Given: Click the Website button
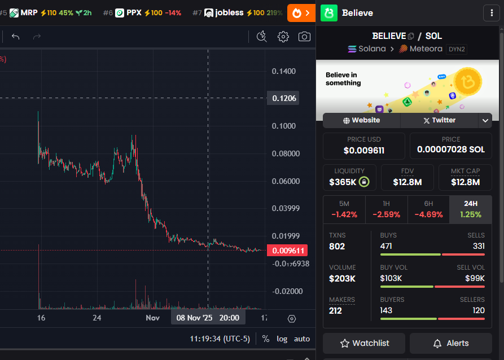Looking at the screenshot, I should [x=361, y=120].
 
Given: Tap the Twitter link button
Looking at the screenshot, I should [x=439, y=120].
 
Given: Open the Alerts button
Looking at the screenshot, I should [x=450, y=343].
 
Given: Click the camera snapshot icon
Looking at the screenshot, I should [x=304, y=37].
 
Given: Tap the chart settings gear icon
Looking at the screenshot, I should [x=283, y=37].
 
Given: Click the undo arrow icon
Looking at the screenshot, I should [x=16, y=37].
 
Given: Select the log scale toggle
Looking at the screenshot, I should [x=282, y=339].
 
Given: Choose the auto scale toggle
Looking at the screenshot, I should [x=302, y=339].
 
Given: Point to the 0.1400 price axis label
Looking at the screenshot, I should [x=283, y=71].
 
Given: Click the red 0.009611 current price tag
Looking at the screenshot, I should [x=288, y=251].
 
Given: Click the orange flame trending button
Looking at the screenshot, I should [x=301, y=12].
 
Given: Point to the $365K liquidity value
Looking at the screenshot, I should [x=343, y=182].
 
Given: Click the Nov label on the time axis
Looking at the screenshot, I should [x=152, y=318].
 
